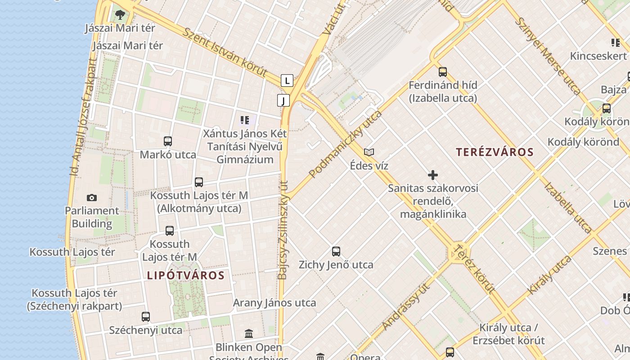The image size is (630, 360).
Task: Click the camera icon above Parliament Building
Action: point(92,198)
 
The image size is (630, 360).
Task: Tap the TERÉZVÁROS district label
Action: point(495,152)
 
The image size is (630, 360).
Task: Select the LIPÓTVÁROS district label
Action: point(186,275)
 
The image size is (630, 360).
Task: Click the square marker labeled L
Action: point(287,81)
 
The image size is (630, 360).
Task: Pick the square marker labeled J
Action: point(283,100)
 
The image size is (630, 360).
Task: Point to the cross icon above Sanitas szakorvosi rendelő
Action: point(433,175)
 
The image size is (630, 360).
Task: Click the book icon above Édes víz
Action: point(369,152)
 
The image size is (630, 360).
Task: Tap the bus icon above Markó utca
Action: point(168,141)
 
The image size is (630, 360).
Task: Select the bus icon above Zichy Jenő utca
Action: point(336,252)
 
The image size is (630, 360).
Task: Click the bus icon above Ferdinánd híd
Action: point(443,72)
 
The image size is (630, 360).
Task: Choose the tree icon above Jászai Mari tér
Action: point(120,15)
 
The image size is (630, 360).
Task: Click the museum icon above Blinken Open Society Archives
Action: point(249,333)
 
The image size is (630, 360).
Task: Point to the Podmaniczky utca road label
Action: point(345,144)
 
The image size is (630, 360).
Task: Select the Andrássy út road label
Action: point(405,306)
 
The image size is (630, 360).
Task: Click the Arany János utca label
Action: point(274,303)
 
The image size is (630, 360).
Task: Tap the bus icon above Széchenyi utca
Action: point(146,316)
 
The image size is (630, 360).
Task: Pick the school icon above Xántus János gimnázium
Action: point(245,120)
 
